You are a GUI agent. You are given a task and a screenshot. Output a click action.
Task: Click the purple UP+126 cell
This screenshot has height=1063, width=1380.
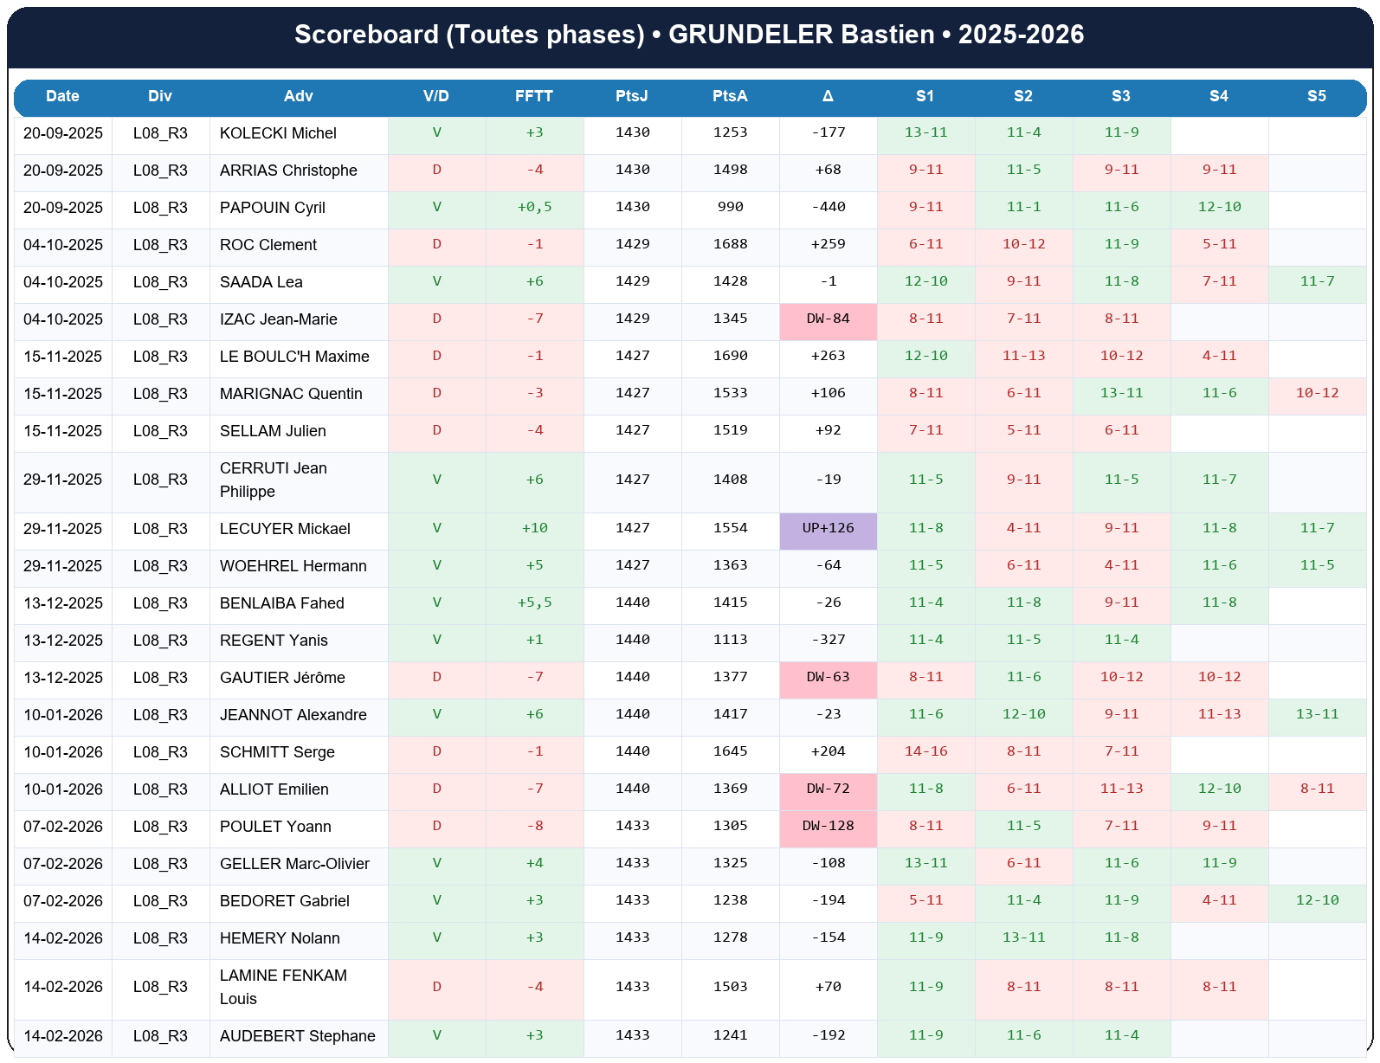[828, 528]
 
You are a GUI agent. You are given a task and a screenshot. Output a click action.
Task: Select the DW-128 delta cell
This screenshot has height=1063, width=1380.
[828, 826]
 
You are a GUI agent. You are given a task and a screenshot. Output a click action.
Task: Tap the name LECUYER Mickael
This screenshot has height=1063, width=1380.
[285, 529]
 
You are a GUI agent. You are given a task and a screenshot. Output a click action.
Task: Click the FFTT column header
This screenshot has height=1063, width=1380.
[534, 96]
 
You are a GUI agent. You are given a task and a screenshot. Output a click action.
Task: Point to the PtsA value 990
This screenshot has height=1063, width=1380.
[730, 207]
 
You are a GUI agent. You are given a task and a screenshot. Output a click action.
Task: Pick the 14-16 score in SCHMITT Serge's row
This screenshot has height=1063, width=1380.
[925, 751]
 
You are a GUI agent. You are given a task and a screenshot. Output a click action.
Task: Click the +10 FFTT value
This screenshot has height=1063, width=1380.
[534, 528]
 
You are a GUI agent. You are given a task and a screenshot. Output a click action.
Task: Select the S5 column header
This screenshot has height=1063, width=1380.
[1316, 96]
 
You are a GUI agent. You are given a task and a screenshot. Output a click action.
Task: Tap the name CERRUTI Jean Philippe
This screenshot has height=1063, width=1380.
[274, 480]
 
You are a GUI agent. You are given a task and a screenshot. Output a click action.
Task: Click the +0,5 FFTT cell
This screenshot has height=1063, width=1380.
[534, 207]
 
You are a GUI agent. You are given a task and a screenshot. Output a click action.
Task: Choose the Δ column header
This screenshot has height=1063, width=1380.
[828, 96]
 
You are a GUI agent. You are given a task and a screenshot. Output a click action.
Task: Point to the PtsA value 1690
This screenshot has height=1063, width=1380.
[730, 356]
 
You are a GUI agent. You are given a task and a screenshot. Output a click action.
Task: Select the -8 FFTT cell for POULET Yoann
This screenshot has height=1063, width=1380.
[534, 826]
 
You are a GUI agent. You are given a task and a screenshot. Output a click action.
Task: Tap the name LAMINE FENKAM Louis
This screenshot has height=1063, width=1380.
[283, 987]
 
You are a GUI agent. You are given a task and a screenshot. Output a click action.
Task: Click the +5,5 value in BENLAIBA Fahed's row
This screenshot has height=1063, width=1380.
[534, 602]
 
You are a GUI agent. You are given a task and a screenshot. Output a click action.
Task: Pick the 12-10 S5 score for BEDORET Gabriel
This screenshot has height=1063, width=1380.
[1317, 900]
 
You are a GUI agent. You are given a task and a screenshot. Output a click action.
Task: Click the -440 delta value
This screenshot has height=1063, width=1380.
[828, 207]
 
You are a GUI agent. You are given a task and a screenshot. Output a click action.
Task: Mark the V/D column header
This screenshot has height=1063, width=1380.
[436, 96]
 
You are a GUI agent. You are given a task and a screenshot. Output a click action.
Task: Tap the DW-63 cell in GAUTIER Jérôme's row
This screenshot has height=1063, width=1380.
[828, 677]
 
